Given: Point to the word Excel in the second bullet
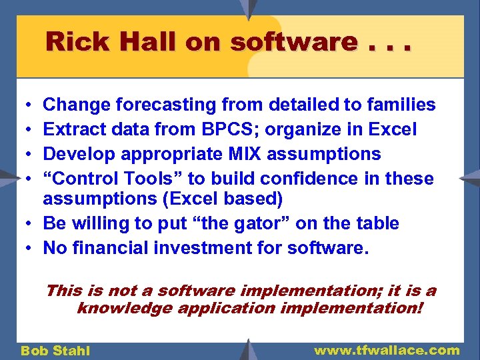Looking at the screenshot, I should tap(393, 129).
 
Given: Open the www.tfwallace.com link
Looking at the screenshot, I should tap(387, 350).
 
